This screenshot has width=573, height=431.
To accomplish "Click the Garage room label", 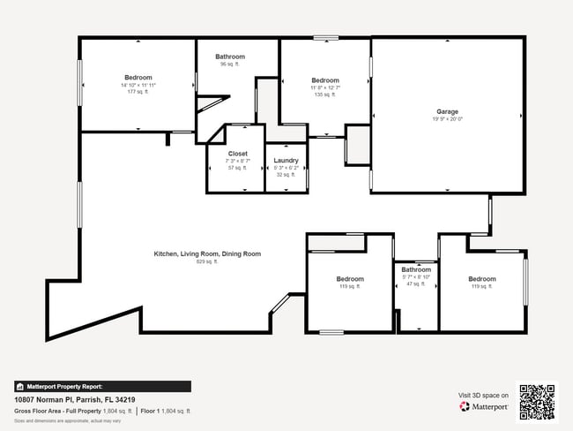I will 447,112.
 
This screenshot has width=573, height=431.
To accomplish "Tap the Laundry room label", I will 286,161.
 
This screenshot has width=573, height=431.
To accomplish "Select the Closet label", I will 238,154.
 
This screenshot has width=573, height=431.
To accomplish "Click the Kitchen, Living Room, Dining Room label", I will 207,254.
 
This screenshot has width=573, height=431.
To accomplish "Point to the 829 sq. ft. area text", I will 207,261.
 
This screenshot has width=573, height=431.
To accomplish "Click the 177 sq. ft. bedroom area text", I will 138,92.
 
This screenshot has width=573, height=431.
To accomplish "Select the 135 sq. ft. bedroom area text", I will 325,95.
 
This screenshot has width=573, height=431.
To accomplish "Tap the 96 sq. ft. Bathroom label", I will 230,57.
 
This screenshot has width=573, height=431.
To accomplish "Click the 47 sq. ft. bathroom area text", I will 416,284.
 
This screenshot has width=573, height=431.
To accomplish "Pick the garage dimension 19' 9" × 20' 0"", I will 447,119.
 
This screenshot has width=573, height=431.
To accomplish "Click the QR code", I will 537,402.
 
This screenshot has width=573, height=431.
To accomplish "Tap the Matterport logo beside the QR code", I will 484,406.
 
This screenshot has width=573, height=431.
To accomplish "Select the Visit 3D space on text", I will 484,395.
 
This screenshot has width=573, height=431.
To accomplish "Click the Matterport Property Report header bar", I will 102,386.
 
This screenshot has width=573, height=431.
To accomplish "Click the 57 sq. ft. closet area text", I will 238,168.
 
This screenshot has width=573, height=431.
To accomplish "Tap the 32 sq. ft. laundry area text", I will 286,175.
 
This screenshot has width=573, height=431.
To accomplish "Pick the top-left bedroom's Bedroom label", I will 138,78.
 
